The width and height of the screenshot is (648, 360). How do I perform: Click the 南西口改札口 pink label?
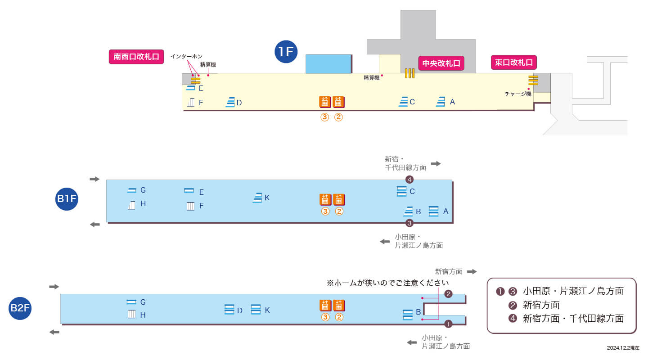pyautogui.click(x=136, y=56)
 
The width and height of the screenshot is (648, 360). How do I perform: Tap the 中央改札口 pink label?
pyautogui.click(x=441, y=63)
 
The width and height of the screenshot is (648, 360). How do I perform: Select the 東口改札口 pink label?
pyautogui.click(x=514, y=62)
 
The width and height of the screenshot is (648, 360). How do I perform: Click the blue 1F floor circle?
pyautogui.click(x=286, y=51)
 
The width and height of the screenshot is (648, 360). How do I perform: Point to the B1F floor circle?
pyautogui.click(x=67, y=199)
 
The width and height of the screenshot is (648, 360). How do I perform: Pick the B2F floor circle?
pyautogui.click(x=20, y=308)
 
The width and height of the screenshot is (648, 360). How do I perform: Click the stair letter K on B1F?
pyautogui.click(x=267, y=198)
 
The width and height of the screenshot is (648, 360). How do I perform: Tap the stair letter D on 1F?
pyautogui.click(x=239, y=103)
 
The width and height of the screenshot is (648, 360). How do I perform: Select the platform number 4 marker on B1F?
pyautogui.click(x=409, y=180)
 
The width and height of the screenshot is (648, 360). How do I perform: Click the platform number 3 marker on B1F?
pyautogui.click(x=409, y=223)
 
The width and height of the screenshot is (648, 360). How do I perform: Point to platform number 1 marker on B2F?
pyautogui.click(x=448, y=324)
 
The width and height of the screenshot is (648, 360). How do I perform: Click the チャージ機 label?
pyautogui.click(x=518, y=94)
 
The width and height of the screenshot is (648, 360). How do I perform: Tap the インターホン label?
pyautogui.click(x=186, y=56)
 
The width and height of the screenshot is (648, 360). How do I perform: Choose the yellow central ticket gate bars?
pyautogui.click(x=409, y=73)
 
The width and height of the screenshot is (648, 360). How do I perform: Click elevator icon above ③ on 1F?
pyautogui.click(x=325, y=102)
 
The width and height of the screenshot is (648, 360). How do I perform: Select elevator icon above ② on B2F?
pyautogui.click(x=339, y=306)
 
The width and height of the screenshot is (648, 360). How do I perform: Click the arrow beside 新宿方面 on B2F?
pyautogui.click(x=472, y=271)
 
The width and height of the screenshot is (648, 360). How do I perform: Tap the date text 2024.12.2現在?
pyautogui.click(x=623, y=348)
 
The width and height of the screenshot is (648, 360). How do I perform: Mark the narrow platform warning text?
pyautogui.click(x=387, y=283)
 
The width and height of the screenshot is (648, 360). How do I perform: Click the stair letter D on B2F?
pyautogui.click(x=239, y=310)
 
